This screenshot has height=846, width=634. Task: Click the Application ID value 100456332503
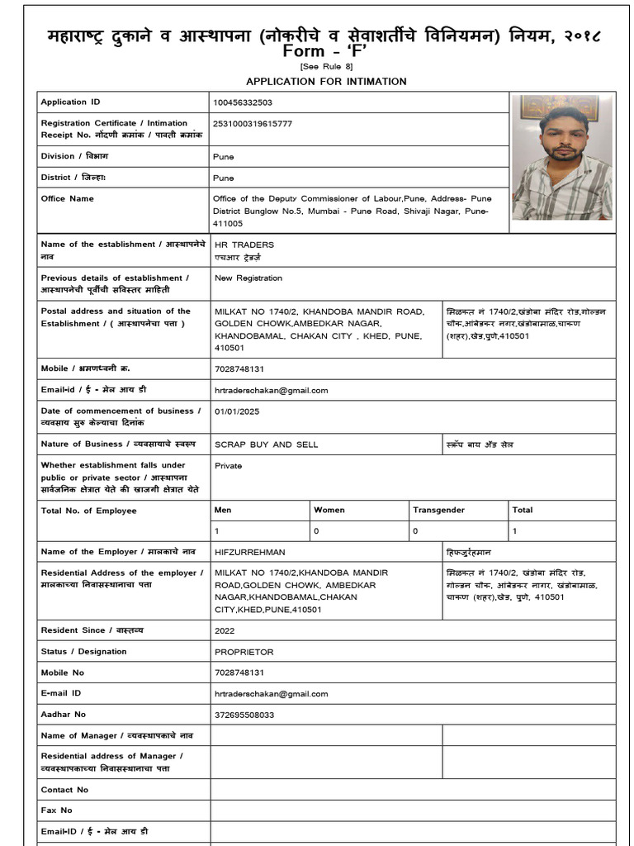(243, 102)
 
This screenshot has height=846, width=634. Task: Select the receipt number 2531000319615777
(253, 124)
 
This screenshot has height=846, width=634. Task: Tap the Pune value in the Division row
(224, 156)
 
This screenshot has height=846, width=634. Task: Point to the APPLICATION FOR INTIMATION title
(326, 81)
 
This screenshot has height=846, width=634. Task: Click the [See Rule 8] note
(326, 66)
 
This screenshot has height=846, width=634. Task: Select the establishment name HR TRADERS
(244, 245)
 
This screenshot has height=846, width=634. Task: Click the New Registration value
(248, 278)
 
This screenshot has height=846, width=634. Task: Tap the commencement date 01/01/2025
(237, 411)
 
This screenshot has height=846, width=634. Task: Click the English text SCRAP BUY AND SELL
(266, 444)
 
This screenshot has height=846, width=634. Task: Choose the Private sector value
(229, 466)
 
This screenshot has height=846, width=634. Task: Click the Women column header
(329, 511)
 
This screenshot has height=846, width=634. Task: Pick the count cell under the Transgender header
(415, 531)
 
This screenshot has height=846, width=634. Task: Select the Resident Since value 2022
(225, 630)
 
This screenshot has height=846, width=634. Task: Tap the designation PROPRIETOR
(244, 652)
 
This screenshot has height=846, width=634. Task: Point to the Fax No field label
(57, 810)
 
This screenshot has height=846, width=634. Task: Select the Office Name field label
(68, 198)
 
